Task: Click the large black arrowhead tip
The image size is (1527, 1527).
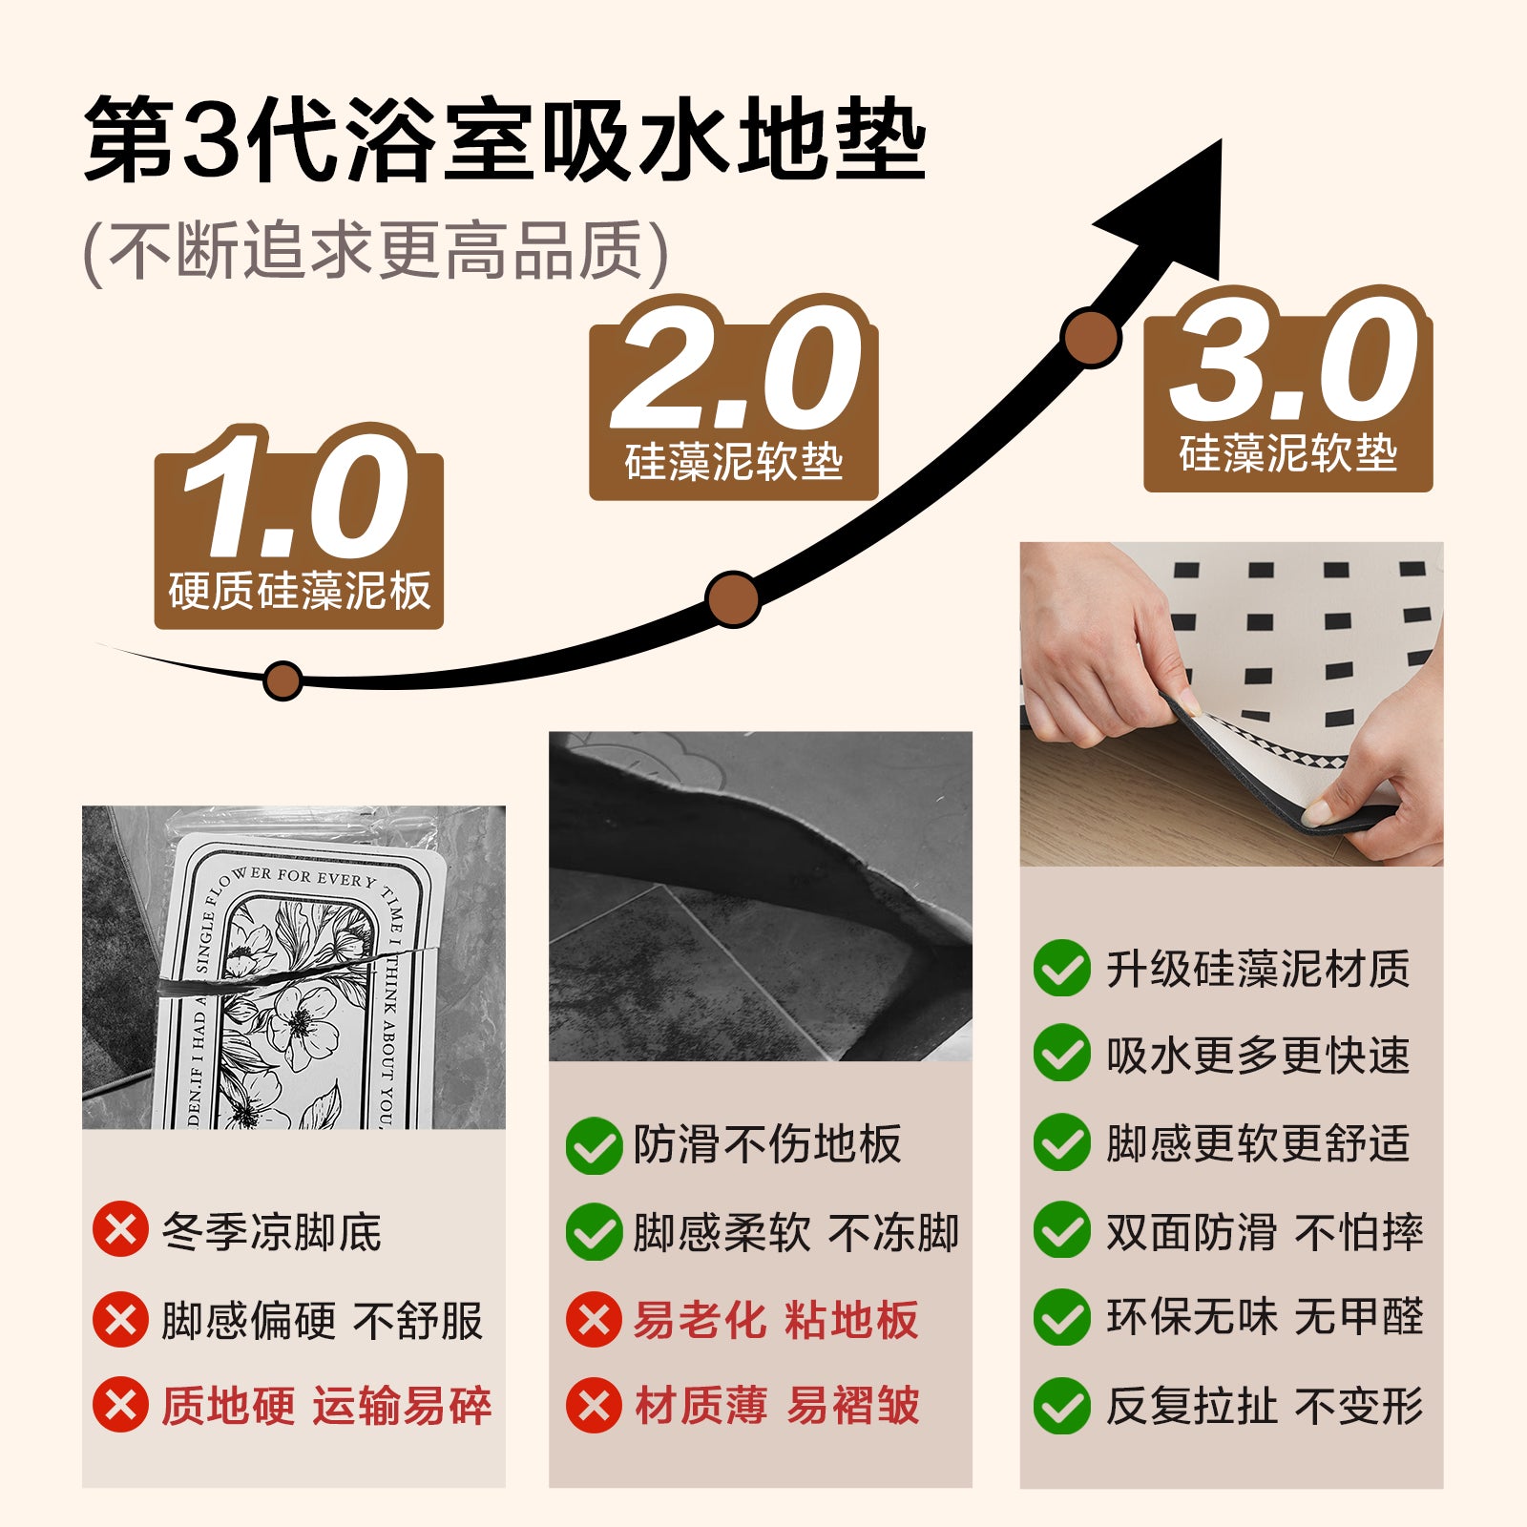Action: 1220,142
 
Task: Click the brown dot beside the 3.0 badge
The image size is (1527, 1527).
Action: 1090,337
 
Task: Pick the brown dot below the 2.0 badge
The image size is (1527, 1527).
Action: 733,598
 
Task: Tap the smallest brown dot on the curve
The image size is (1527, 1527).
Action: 282,680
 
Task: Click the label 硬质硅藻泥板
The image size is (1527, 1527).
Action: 300,591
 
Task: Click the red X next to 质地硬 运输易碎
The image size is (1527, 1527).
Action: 120,1405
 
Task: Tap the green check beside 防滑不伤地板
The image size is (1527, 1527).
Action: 594,1145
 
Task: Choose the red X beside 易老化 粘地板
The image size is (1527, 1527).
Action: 594,1320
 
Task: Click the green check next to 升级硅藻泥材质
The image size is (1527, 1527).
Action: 1061,968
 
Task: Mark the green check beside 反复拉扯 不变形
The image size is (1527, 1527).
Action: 1061,1405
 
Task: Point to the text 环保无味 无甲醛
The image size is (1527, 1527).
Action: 1265,1317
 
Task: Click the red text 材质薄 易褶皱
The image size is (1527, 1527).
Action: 777,1405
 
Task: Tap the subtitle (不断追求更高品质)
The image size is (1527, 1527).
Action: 376,252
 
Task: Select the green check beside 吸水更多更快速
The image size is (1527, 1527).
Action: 1061,1054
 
